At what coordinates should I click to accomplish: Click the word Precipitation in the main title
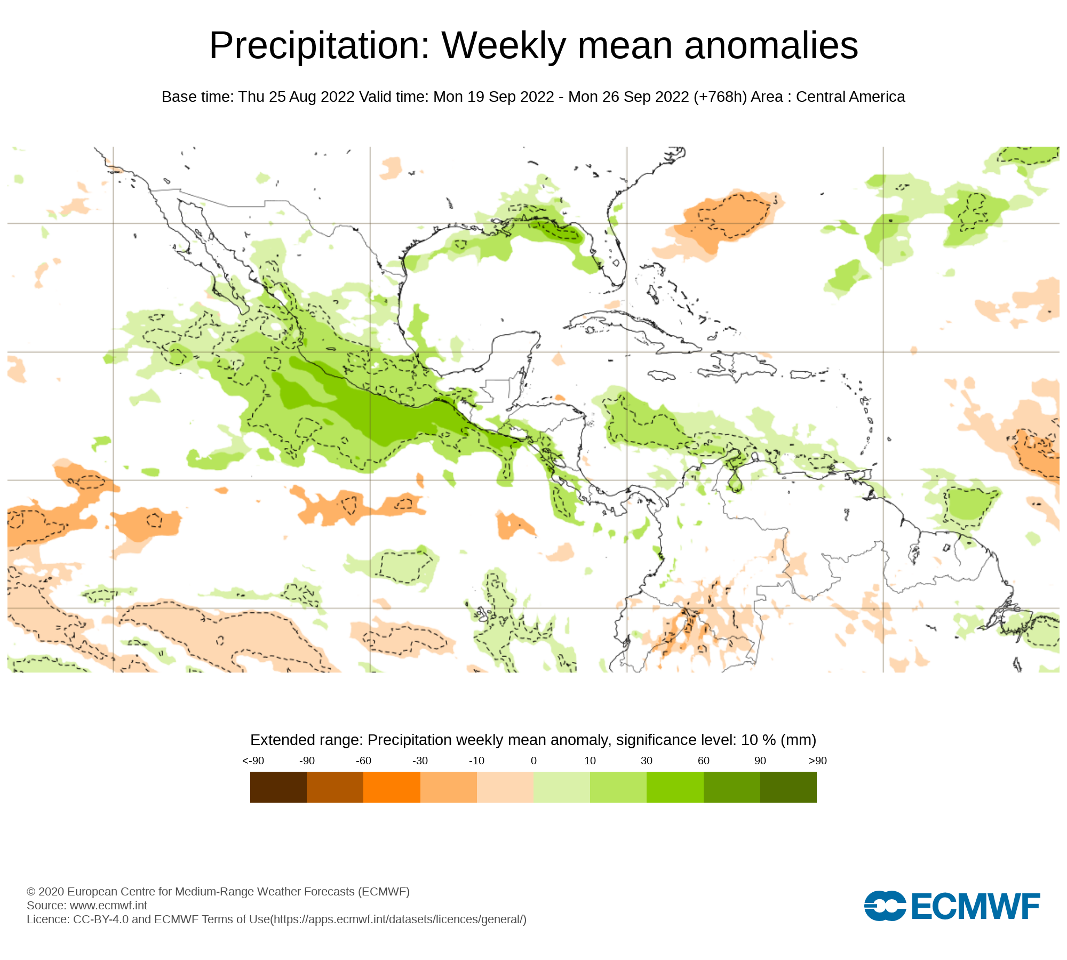coord(319,46)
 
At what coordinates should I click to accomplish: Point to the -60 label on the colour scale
coord(363,761)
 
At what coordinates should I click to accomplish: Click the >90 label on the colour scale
coord(817,761)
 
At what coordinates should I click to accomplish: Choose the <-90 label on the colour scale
coord(253,761)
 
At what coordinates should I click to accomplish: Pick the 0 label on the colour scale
coord(533,761)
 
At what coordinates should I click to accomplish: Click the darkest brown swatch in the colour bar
coord(278,787)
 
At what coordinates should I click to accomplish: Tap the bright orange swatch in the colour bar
coord(392,787)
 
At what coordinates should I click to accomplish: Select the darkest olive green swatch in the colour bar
coord(788,787)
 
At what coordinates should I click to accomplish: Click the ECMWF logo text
coord(976,906)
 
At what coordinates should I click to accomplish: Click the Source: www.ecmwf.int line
coord(87,905)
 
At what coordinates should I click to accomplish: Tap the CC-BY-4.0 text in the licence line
coord(101,919)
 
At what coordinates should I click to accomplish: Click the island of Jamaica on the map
coord(662,376)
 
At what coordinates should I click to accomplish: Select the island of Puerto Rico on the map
coord(800,375)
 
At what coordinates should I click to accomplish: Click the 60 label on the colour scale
coord(704,761)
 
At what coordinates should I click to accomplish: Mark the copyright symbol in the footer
coord(31,892)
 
